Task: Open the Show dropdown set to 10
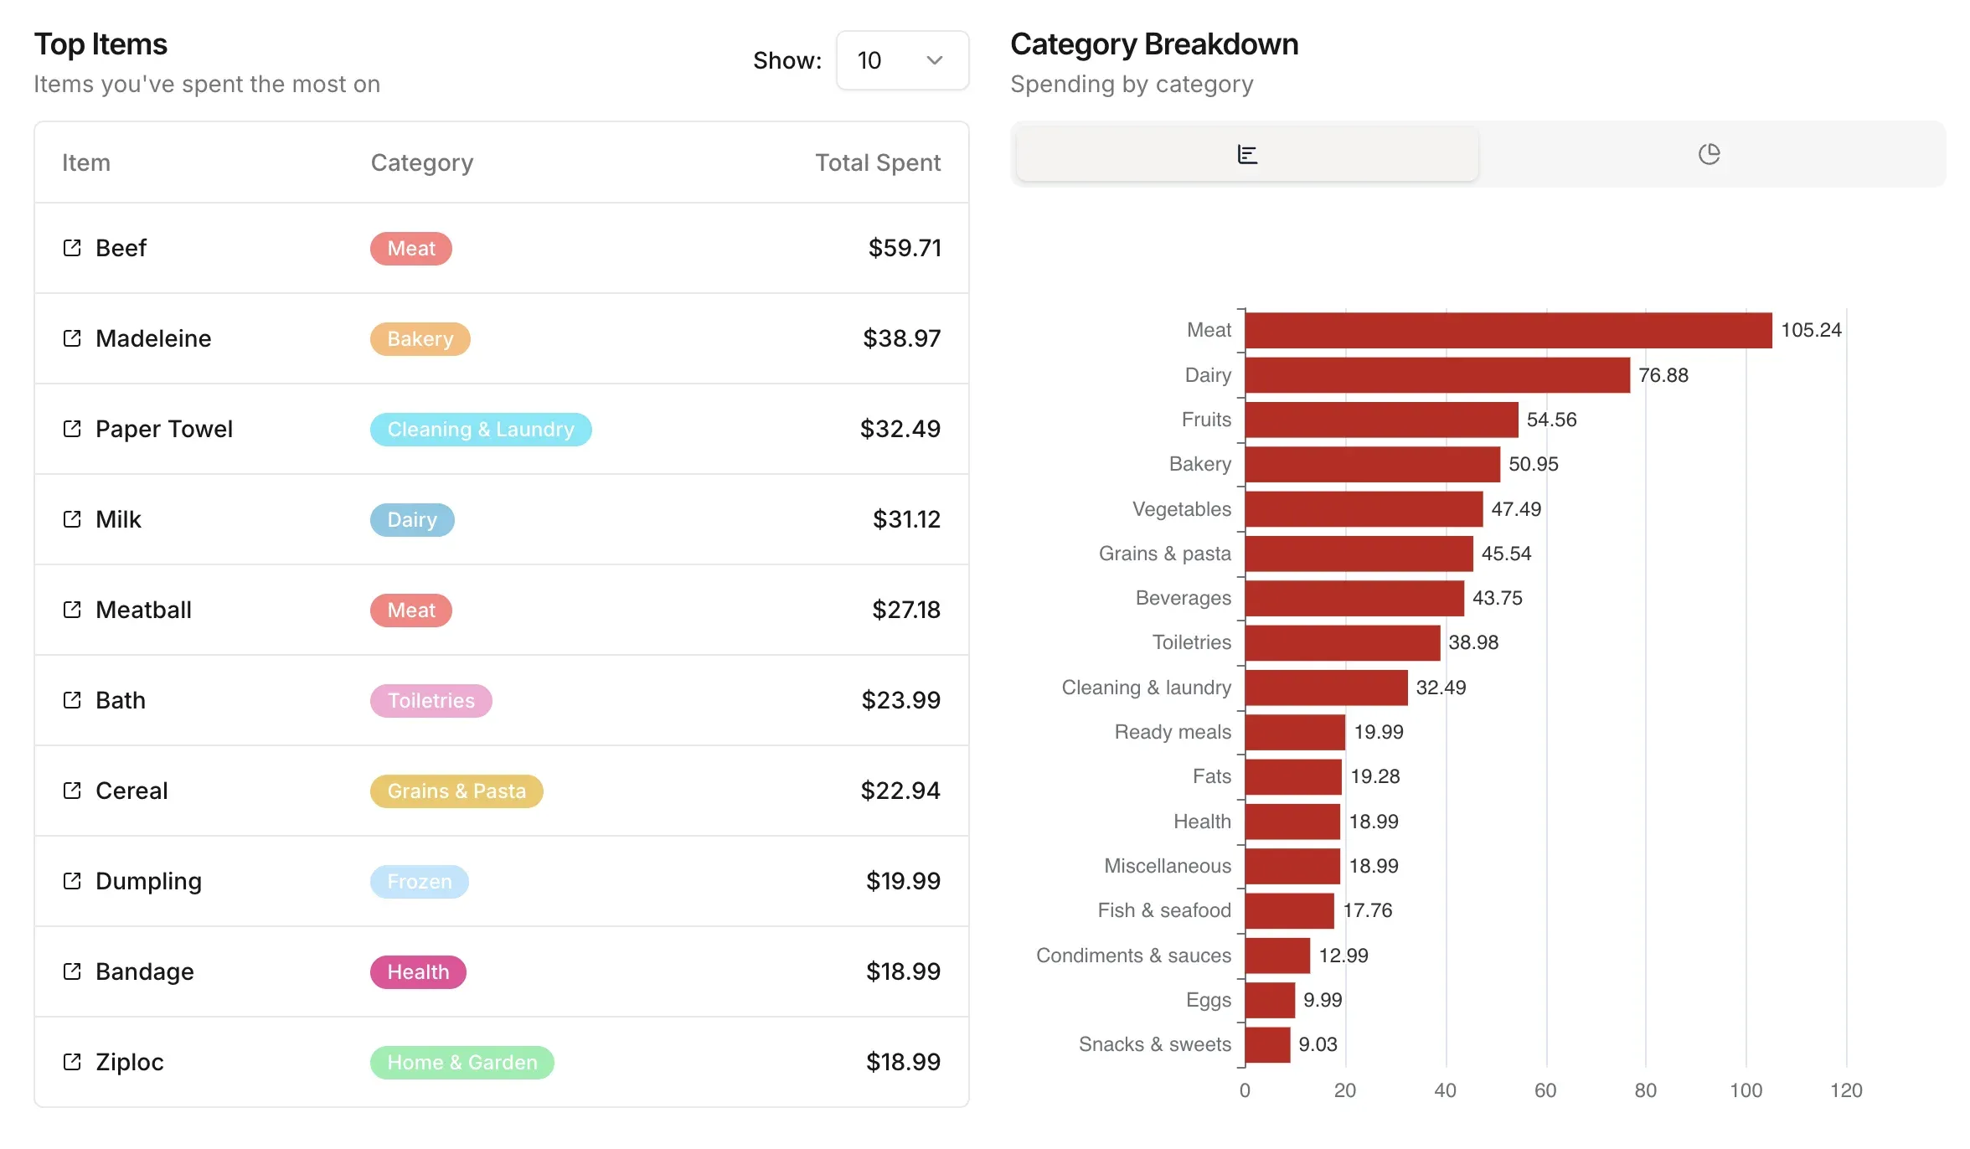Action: (901, 60)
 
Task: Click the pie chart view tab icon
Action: (1709, 154)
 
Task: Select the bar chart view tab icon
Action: (1246, 154)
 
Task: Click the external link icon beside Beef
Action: (72, 248)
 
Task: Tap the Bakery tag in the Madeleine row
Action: (420, 339)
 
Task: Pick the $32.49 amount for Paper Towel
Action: (900, 429)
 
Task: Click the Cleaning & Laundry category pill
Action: (480, 430)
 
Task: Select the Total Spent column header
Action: (877, 162)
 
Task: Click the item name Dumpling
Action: (148, 881)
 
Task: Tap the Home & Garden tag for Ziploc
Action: (462, 1063)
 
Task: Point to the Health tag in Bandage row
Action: (418, 972)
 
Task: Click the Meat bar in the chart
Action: (1508, 330)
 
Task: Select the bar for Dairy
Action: (1436, 375)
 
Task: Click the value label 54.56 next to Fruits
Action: (1551, 420)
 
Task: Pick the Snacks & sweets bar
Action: (1267, 1044)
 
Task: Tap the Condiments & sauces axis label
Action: (1133, 956)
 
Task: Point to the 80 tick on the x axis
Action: (1645, 1090)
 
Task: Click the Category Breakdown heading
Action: (1153, 44)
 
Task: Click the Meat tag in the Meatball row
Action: (410, 611)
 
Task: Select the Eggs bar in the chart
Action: (1270, 1000)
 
